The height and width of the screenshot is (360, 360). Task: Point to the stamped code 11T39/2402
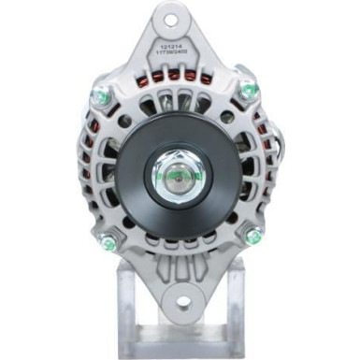click(175, 53)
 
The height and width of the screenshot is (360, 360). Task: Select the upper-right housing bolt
click(249, 91)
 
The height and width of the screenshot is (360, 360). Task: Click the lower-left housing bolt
click(109, 244)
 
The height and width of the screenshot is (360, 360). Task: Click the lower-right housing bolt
click(252, 237)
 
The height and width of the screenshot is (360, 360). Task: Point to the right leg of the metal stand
click(234, 309)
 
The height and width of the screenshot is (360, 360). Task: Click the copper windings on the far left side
click(86, 168)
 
